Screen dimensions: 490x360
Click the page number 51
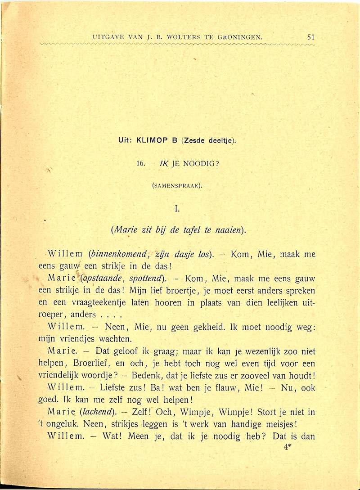click(x=311, y=37)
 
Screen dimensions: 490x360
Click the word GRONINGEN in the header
click(x=238, y=37)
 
